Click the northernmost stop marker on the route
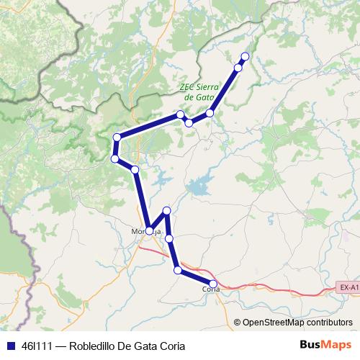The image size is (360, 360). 245,56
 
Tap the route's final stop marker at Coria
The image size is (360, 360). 213,283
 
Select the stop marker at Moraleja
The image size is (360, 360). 150,231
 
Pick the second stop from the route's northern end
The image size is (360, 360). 238,68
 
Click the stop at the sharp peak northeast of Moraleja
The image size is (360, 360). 167,210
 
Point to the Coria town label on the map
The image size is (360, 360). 210,289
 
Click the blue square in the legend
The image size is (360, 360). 9,346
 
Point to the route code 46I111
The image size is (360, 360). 37,346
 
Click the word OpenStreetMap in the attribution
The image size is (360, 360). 272,323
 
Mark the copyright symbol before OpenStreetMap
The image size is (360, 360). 238,323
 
